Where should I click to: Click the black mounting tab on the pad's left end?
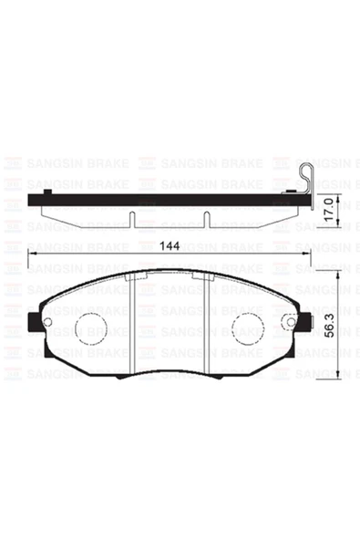(x=33, y=322)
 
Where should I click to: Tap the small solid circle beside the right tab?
(x=289, y=321)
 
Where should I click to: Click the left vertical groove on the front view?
(x=134, y=324)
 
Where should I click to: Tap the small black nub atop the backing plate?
(x=289, y=192)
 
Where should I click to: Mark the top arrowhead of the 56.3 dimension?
(x=338, y=274)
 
